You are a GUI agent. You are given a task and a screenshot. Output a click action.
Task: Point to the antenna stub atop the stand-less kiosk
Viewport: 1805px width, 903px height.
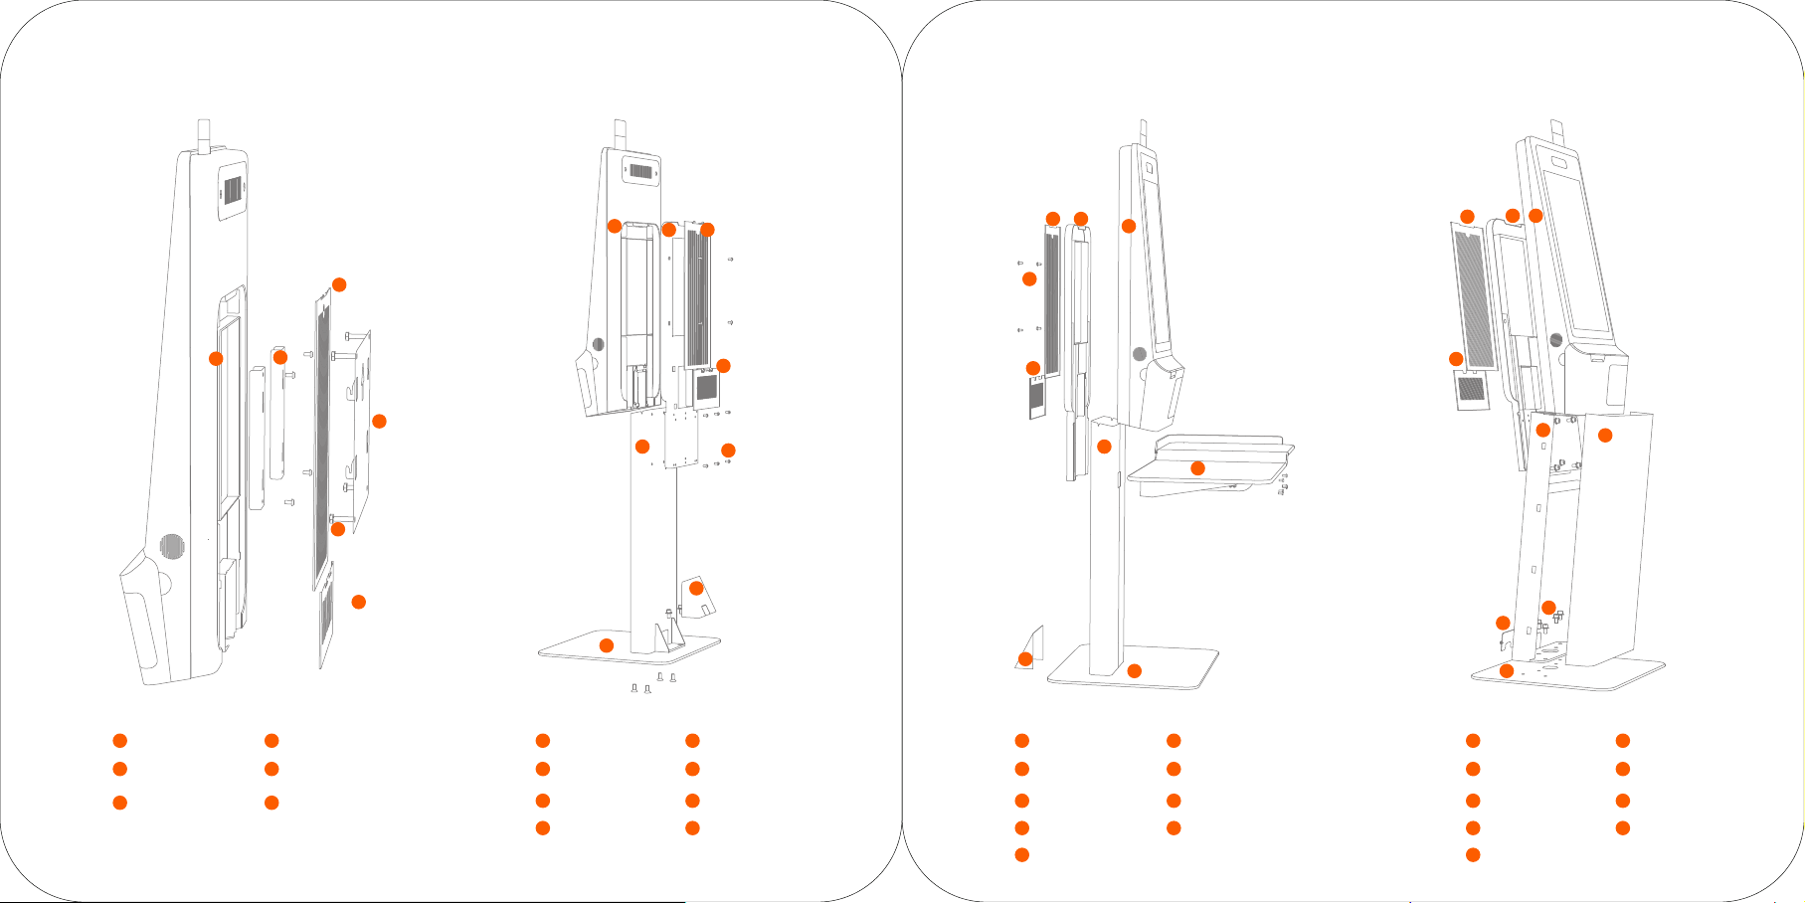[x=205, y=134]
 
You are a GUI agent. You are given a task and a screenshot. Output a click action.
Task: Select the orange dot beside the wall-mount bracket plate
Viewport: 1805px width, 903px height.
[x=379, y=422]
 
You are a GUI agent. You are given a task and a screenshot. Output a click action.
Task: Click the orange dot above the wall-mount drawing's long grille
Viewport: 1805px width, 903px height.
[x=339, y=284]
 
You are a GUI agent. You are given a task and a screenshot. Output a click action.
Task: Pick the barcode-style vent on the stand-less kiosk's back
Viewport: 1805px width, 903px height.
[x=232, y=190]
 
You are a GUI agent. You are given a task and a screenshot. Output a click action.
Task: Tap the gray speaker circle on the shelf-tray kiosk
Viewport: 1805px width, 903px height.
[x=1140, y=353]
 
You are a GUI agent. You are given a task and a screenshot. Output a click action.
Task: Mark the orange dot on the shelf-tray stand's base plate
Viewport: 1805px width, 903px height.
[x=1134, y=671]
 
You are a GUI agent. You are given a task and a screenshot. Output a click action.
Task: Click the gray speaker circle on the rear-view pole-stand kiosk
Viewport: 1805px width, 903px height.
[x=598, y=344]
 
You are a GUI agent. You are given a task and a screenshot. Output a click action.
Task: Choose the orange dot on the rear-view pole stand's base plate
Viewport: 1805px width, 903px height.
[x=607, y=645]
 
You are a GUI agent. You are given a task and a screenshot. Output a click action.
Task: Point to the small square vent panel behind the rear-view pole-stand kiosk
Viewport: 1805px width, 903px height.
[x=706, y=387]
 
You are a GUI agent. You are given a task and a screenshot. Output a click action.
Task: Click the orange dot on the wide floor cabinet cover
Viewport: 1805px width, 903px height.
[x=1605, y=435]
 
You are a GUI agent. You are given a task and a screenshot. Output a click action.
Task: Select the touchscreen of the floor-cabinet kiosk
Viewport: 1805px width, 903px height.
[x=1578, y=254]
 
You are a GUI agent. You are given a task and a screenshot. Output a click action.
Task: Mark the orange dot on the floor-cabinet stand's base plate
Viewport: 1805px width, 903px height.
[x=1507, y=671]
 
